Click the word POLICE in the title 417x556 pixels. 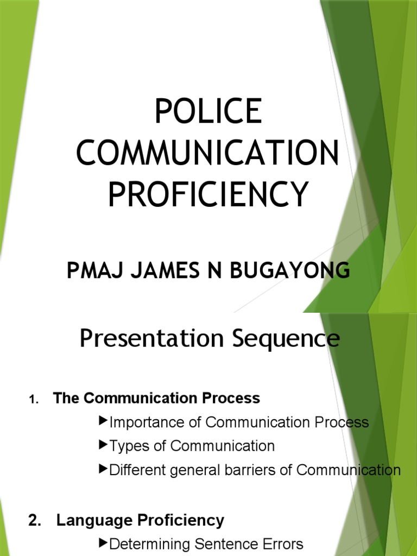click(x=208, y=111)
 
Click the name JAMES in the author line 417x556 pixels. click(x=160, y=270)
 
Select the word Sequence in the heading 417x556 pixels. click(x=286, y=339)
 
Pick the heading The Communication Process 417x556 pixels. click(x=157, y=398)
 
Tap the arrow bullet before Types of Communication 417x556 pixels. click(x=104, y=445)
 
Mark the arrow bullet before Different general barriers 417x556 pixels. click(x=104, y=469)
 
